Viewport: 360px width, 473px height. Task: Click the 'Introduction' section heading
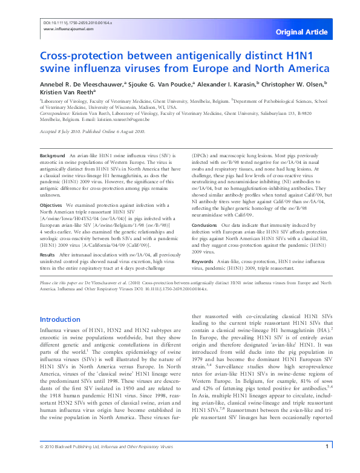point(59,319)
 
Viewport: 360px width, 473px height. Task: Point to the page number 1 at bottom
point(327,463)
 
